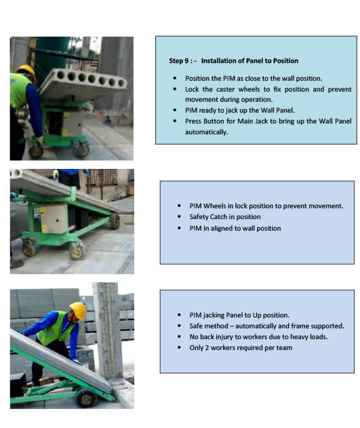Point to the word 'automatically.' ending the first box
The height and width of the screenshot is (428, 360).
[207, 132]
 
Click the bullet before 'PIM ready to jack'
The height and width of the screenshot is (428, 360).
[175, 111]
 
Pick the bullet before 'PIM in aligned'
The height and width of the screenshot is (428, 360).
[179, 228]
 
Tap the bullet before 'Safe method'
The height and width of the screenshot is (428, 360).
[179, 326]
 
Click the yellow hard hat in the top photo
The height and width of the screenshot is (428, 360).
[26, 72]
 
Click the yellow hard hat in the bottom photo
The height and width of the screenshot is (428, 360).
[78, 310]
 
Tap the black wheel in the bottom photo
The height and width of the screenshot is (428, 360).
[86, 398]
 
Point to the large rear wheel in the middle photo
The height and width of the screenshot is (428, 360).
[115, 221]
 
